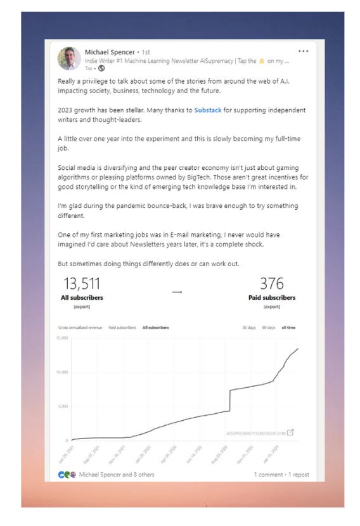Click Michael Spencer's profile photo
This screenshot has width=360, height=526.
69,58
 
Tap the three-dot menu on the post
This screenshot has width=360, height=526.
304,51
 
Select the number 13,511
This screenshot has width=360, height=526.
82,283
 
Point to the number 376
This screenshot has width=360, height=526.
271,283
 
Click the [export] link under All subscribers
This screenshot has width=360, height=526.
82,307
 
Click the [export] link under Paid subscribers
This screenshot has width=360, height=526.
271,307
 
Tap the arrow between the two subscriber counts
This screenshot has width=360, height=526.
177,292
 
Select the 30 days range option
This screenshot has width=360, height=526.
248,328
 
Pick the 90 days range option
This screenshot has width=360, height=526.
268,328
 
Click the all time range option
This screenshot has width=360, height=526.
288,328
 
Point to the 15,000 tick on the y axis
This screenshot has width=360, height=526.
62,338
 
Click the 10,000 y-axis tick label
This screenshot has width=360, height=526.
62,372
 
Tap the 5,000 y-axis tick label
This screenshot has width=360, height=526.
63,406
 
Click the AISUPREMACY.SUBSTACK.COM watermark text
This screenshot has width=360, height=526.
255,433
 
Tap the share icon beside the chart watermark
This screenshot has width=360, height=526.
290,433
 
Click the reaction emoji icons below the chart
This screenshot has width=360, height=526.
67,474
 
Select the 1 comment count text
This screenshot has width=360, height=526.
268,474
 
